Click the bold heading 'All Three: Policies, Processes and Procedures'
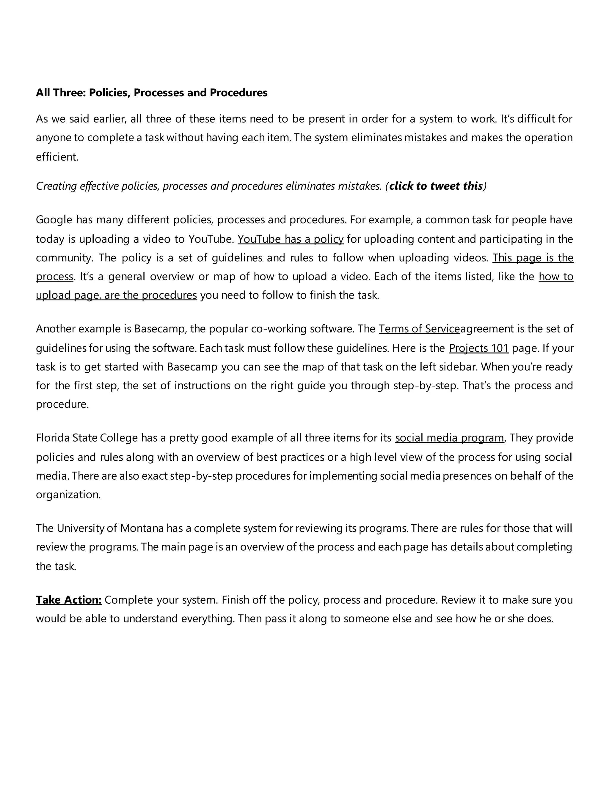152,93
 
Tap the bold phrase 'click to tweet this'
436,186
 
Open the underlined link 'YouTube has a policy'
291,239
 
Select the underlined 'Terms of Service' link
419,329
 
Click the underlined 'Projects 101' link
478,348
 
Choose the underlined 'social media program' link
449,438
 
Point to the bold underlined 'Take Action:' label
69,600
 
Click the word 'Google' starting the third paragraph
54,220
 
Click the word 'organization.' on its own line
68,494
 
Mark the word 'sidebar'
461,367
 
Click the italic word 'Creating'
56,186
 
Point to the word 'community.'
65,258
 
